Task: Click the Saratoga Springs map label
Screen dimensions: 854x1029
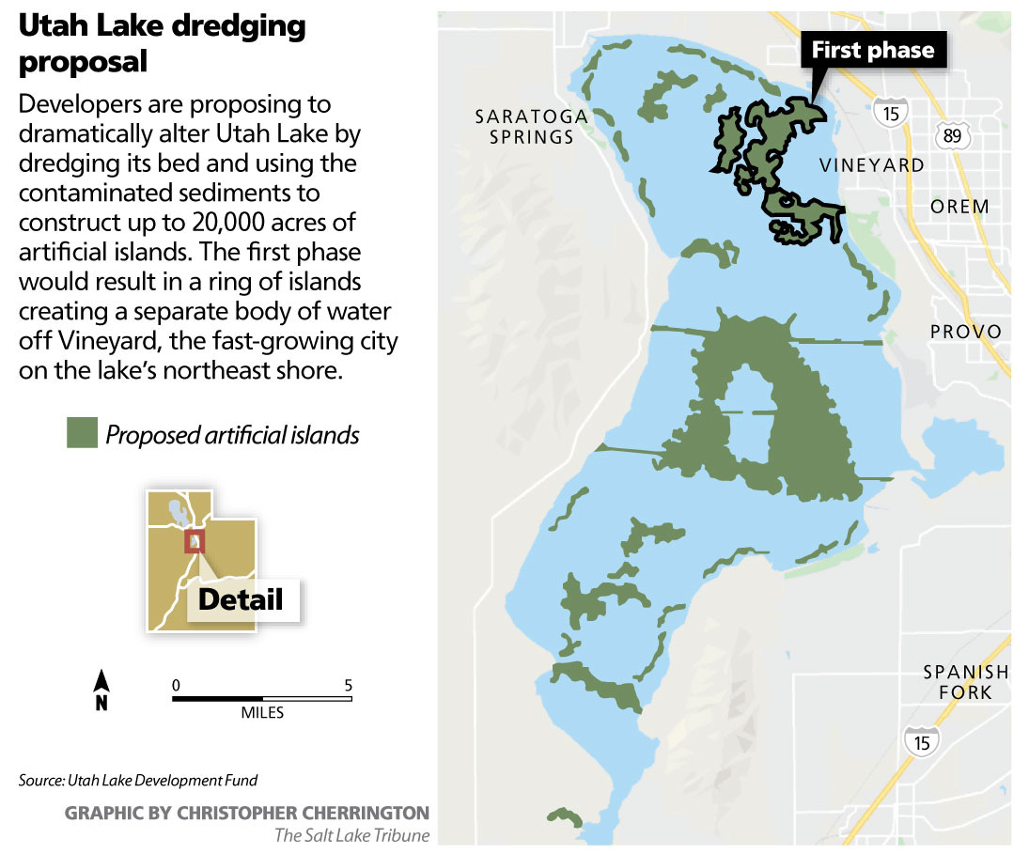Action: [531, 126]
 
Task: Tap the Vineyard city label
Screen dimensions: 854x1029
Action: [871, 165]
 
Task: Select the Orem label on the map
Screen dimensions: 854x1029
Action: [959, 207]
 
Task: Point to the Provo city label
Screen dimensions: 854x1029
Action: [966, 332]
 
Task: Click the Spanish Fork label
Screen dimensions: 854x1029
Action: [965, 682]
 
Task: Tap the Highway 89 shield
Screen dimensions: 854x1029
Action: [951, 136]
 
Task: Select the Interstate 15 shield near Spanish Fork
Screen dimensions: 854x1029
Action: [923, 740]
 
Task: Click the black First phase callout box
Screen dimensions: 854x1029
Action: [873, 51]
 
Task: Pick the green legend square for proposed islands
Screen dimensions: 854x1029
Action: [82, 434]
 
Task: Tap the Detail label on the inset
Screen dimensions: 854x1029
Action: [241, 599]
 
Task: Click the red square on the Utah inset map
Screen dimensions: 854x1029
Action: [194, 542]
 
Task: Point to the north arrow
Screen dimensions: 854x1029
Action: [102, 691]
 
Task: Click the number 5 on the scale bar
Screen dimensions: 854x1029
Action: [349, 684]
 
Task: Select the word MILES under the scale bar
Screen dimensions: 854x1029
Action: [262, 713]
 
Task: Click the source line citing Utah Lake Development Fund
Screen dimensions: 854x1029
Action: [137, 781]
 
